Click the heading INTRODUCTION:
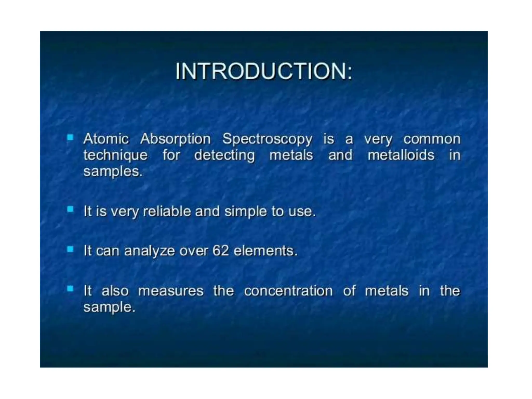(263, 71)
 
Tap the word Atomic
(106, 139)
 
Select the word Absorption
(175, 139)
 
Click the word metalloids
(401, 155)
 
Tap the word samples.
(113, 172)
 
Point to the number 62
(221, 251)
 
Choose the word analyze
(149, 251)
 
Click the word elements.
(265, 251)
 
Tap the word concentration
(288, 291)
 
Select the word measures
(171, 291)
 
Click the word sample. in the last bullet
(109, 308)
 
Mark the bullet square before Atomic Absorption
(70, 137)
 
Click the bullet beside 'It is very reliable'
(70, 209)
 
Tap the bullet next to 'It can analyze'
(70, 249)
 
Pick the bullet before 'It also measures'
(70, 289)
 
